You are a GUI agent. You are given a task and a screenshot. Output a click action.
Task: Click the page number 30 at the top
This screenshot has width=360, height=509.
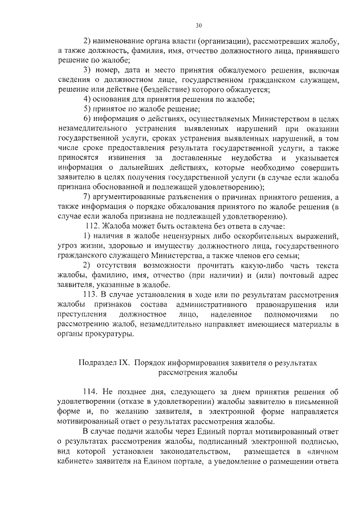pos(199,25)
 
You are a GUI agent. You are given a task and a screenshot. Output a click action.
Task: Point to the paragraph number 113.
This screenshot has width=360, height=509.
pos(91,294)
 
